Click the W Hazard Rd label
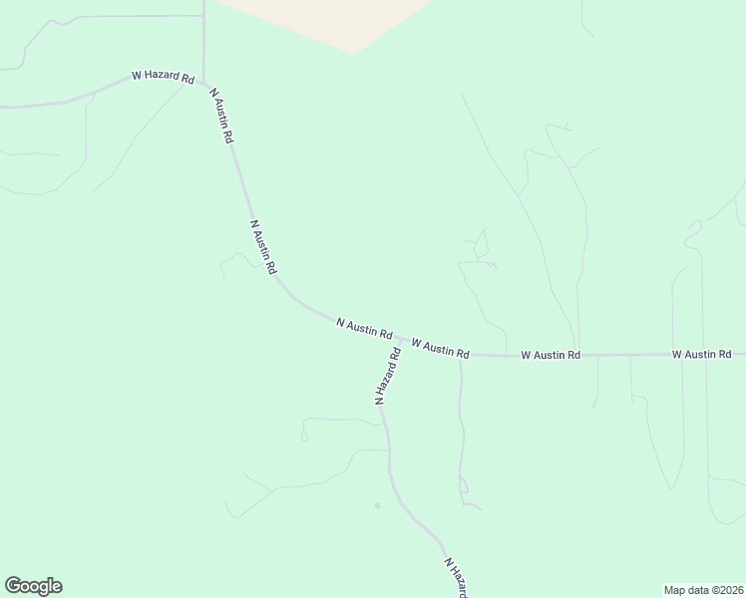[x=163, y=78]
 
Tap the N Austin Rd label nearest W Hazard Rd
[x=220, y=117]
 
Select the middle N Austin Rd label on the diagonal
[x=263, y=248]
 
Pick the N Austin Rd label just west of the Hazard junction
[x=364, y=328]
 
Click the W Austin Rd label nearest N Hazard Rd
[x=440, y=347]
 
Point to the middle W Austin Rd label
[x=550, y=355]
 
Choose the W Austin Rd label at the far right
[x=701, y=354]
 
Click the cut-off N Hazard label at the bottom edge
[x=455, y=578]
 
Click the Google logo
[x=33, y=586]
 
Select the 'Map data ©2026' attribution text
[x=702, y=590]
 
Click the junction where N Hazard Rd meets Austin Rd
[x=401, y=340]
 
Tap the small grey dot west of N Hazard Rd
[x=377, y=505]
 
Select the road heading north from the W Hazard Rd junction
[x=203, y=40]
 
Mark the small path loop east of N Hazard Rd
[x=464, y=487]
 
